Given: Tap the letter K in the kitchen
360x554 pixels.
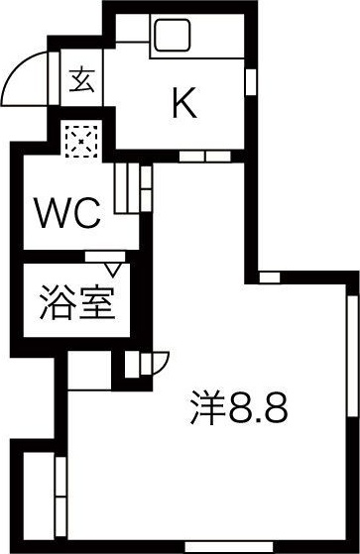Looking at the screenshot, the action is coord(183,102).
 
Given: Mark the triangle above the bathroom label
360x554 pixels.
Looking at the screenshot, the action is coord(111,265).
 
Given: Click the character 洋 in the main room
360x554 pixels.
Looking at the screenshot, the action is coord(207,407).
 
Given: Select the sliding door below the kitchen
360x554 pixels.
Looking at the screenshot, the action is coord(204,156).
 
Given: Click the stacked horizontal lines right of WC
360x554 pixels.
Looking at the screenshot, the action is coord(126,187).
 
